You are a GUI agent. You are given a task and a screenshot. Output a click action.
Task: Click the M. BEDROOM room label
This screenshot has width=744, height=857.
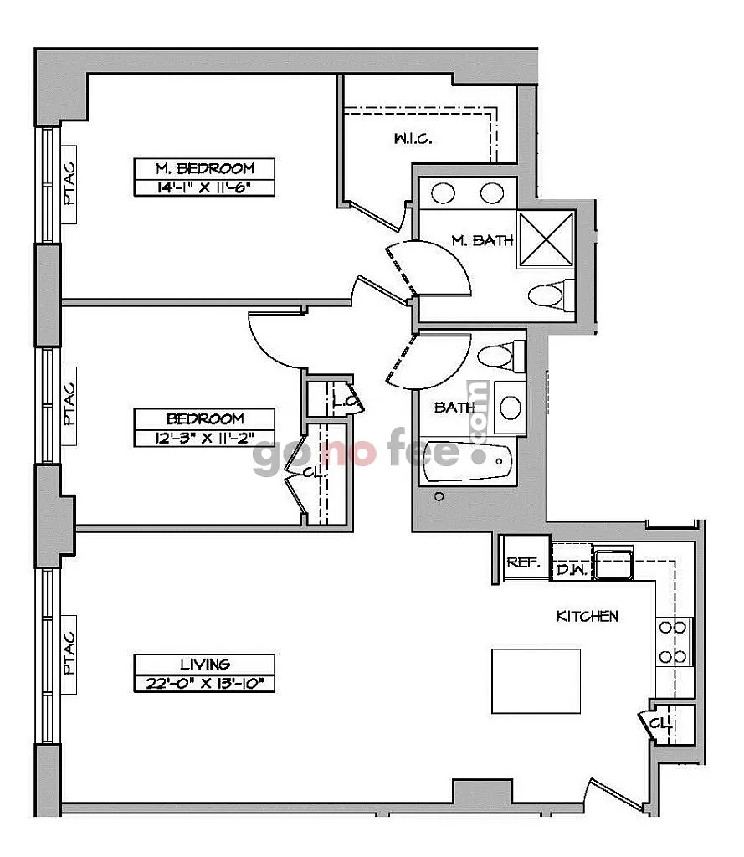[x=205, y=167]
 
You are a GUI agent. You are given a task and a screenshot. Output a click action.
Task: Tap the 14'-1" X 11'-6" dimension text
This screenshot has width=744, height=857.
[x=204, y=187]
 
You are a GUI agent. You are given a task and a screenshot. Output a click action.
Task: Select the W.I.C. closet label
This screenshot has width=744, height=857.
[x=413, y=139]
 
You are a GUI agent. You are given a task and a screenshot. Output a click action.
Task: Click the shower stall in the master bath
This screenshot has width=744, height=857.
[x=546, y=239]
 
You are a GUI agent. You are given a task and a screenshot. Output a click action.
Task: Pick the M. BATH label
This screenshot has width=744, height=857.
[x=483, y=240]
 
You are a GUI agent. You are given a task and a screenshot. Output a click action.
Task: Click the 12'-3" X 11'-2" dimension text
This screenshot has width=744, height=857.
[x=204, y=438]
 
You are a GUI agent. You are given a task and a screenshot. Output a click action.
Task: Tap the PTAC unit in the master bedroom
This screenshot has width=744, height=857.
[x=69, y=184]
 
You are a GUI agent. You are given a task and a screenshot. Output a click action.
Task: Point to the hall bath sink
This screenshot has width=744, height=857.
[x=510, y=408]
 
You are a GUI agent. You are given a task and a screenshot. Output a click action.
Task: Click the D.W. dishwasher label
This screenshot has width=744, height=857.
[x=572, y=570]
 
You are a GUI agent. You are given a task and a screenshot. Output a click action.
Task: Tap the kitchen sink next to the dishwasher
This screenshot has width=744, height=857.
[x=613, y=563]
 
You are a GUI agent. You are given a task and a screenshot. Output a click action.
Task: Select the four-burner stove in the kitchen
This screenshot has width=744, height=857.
[x=674, y=642]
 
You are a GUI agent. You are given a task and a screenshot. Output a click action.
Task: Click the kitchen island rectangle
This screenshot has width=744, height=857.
[x=536, y=681]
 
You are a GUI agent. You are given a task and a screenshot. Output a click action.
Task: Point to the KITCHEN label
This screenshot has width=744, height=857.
[x=588, y=617]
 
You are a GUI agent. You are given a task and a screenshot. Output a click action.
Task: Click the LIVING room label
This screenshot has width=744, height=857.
[x=205, y=664]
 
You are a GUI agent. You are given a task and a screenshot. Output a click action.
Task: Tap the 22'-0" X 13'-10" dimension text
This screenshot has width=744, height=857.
[x=204, y=683]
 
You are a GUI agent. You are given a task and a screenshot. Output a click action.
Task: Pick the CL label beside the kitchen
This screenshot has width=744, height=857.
[x=659, y=724]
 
